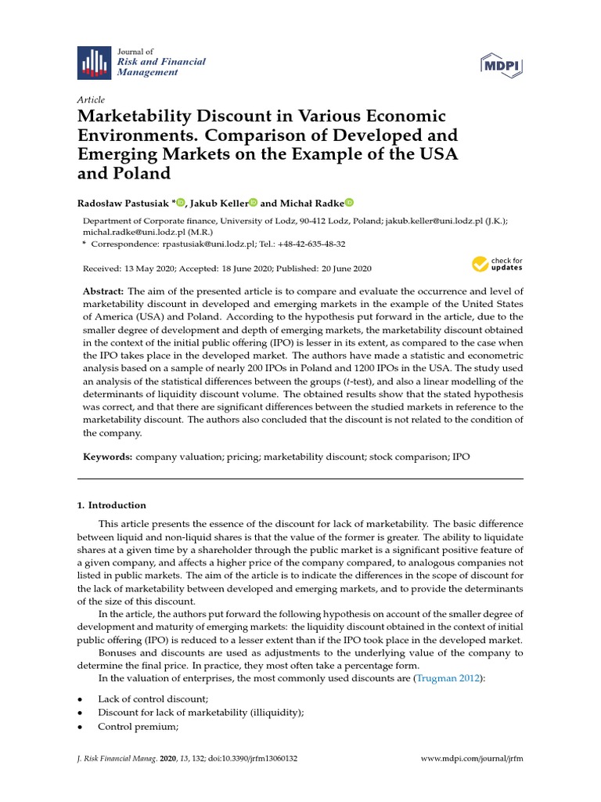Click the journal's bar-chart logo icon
[93, 63]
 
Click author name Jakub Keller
[217, 203]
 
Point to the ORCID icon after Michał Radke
[349, 203]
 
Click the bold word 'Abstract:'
[103, 291]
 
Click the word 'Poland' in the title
[135, 172]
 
